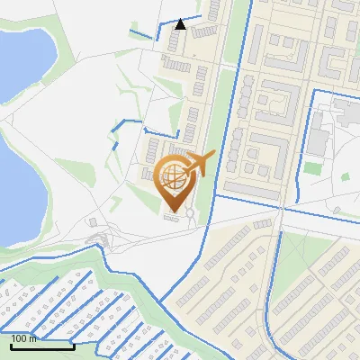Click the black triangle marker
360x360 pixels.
(x=181, y=24)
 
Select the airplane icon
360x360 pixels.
(x=199, y=165)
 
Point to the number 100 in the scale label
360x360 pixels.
(x=20, y=338)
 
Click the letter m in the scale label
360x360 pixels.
(x=33, y=338)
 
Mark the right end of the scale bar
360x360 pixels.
(x=74, y=346)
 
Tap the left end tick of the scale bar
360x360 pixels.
(x=11, y=346)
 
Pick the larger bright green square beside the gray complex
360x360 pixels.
(x=312, y=167)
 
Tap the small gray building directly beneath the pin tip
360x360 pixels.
(x=171, y=215)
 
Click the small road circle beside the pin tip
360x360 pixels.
(x=190, y=212)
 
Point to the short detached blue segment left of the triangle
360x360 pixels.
(x=142, y=35)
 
